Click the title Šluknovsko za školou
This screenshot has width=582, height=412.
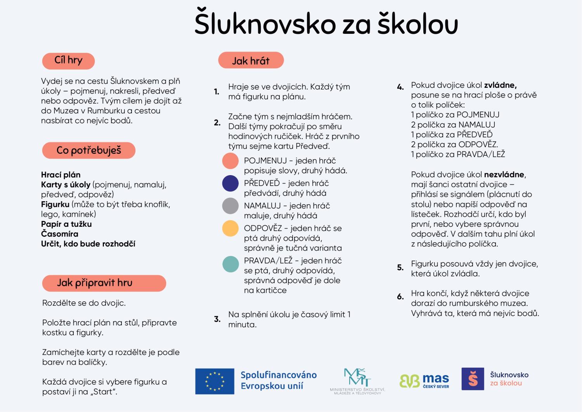(x=326, y=23)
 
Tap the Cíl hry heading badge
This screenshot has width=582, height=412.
(x=68, y=61)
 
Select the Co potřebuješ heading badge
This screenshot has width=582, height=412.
(x=88, y=150)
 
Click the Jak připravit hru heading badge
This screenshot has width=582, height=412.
(x=104, y=283)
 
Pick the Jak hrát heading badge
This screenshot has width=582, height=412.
(x=251, y=61)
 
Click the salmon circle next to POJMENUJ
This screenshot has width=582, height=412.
(x=230, y=161)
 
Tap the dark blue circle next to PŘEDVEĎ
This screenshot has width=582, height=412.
(x=230, y=183)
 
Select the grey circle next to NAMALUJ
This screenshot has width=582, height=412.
(x=230, y=206)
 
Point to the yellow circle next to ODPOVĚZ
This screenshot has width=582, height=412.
(x=230, y=228)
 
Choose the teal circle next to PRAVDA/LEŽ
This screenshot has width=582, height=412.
(x=230, y=264)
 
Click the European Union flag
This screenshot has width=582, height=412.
(x=215, y=381)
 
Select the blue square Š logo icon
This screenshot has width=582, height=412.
(x=473, y=379)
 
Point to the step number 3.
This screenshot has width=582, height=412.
(x=217, y=319)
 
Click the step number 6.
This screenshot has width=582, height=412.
(x=400, y=297)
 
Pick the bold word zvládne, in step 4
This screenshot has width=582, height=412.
(x=500, y=85)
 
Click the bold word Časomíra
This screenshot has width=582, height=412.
(x=60, y=234)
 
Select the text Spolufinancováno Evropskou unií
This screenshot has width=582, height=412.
(x=279, y=381)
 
